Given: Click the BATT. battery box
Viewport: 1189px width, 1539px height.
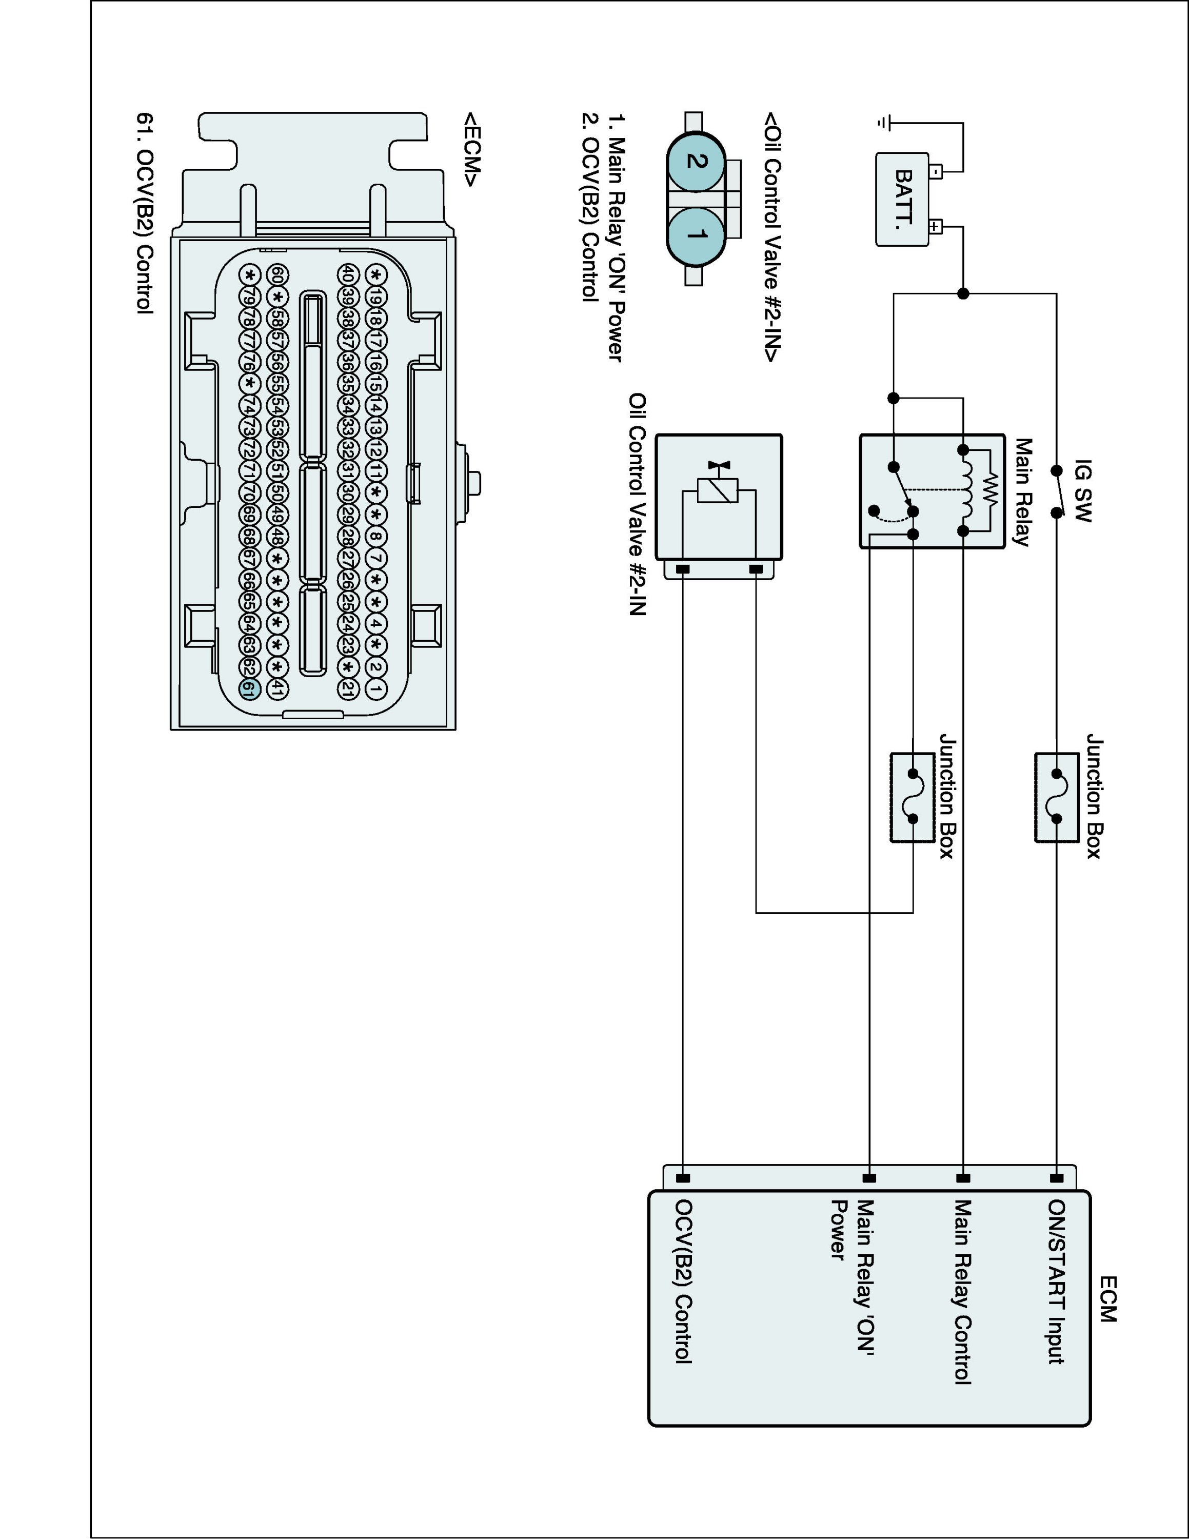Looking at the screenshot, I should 902,200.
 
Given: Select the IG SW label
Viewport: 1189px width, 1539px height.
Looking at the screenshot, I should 1083,491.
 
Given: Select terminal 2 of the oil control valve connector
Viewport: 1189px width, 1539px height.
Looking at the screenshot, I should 695,161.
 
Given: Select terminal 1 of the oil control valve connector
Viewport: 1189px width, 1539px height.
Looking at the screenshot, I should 695,234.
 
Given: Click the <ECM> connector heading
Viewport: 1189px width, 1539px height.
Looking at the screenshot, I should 470,149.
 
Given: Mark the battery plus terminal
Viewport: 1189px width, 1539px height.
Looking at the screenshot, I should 935,227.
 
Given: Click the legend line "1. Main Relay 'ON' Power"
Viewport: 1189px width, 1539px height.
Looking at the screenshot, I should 616,238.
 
